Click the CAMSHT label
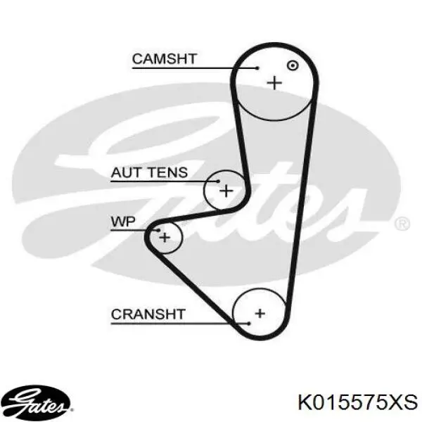165,59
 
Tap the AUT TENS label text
149,172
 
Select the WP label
123,222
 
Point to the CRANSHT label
148,314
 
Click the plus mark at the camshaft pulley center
274,82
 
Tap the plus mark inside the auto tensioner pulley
226,191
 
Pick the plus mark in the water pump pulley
165,238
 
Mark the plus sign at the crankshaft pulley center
260,313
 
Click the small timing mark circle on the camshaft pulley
293,65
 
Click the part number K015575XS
358,402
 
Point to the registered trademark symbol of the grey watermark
402,224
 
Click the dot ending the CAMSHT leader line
257,68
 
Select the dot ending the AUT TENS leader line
218,181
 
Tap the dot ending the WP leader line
158,230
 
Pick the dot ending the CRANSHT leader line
249,324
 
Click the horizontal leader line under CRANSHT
180,324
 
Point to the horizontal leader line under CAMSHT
195,68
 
